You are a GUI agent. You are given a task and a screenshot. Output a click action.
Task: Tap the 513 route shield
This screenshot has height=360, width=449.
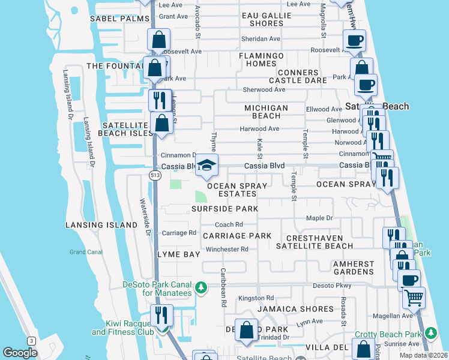pos(154,174)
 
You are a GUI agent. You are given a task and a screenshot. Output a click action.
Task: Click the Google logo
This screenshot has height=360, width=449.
pos(20,353)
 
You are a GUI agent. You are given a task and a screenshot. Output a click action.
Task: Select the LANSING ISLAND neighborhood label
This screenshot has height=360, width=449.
pos(102,225)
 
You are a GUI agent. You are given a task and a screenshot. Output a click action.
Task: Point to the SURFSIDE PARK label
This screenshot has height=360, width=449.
pos(224,209)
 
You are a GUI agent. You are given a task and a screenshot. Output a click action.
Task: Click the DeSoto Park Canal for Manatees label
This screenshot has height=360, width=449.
pos(157,289)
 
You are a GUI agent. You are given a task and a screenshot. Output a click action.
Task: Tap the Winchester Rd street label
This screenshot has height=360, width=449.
pos(227,249)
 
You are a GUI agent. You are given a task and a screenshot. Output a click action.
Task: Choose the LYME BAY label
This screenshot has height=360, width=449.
pos(178,254)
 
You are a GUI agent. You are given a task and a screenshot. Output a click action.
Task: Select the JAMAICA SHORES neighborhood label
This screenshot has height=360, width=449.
pos(295,309)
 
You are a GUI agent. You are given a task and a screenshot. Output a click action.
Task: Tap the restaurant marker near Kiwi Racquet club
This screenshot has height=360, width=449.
pos(161,314)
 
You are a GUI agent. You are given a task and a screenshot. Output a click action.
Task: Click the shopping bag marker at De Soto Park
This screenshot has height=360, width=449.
pos(246,329)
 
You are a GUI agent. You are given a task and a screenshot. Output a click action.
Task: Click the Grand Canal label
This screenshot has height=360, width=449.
pos(86,252)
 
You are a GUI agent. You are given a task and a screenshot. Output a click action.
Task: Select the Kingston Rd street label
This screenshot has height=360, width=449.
pos(256,298)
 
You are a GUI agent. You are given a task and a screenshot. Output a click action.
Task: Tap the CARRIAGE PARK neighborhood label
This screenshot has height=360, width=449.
pos(237,236)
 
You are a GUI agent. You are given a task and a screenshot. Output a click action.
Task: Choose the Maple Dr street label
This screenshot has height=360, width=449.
pos(319,218)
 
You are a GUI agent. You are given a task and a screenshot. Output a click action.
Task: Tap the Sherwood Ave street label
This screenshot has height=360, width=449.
pos(264,89)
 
